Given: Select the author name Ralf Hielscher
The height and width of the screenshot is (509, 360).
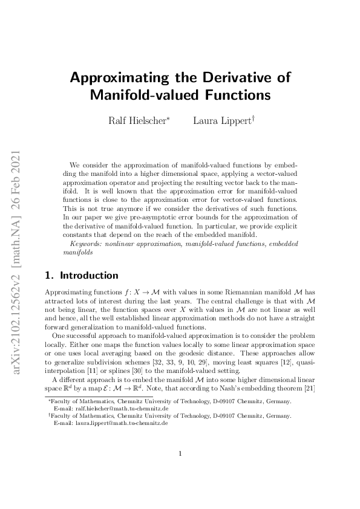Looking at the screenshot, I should pyautogui.click(x=138, y=120).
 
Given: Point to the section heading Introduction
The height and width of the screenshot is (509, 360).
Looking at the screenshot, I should pyautogui.click(x=88, y=276).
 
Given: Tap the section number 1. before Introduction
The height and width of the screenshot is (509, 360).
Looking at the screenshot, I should pyautogui.click(x=49, y=276).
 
